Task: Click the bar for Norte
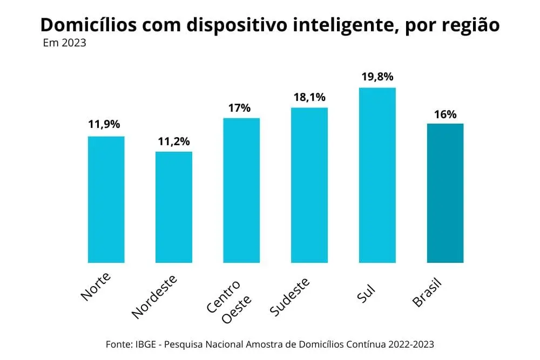tap(106, 199)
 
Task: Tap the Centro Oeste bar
tap(241, 190)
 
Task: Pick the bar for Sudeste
tap(309, 185)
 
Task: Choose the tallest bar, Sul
tap(377, 175)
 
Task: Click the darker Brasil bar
tap(445, 193)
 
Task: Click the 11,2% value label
tap(174, 141)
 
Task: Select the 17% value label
tap(239, 108)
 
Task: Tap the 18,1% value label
tap(309, 97)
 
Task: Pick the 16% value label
tap(446, 114)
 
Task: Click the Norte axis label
tap(96, 286)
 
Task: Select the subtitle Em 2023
tap(64, 43)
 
